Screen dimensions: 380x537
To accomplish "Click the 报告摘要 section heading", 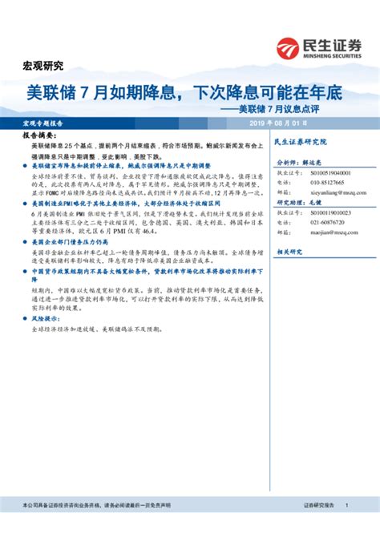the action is (33, 137).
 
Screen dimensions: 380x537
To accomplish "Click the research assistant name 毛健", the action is (328, 204).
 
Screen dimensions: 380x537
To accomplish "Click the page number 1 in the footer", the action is (346, 506).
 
